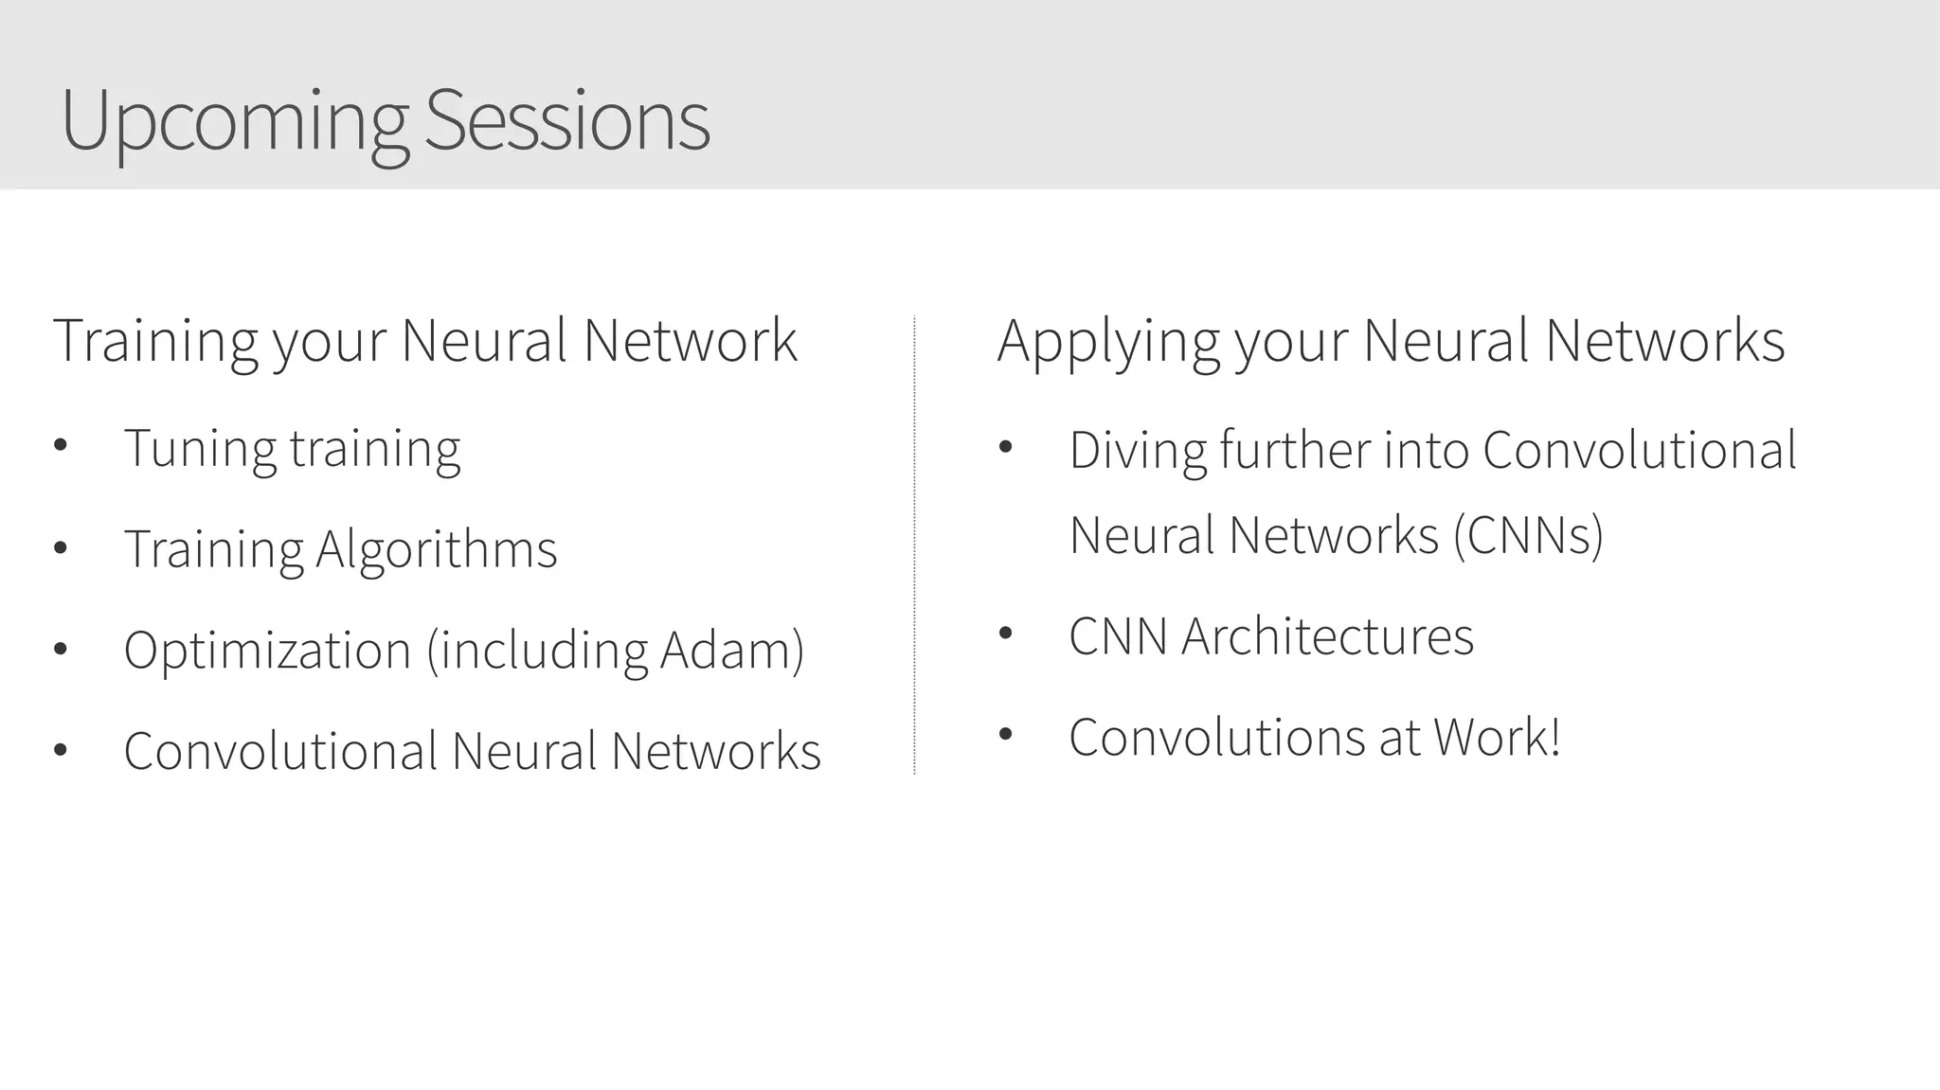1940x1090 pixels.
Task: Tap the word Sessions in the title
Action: (566, 121)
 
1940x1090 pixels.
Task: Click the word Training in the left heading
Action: (154, 341)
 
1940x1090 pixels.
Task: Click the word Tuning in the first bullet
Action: (199, 448)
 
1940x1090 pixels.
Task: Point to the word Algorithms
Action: (436, 549)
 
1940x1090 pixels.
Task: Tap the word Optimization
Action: (267, 651)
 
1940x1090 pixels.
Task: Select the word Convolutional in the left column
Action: (280, 751)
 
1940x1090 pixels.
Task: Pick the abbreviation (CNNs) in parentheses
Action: (1528, 535)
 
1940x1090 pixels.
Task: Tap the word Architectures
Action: (1327, 636)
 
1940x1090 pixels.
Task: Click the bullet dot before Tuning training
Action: (61, 445)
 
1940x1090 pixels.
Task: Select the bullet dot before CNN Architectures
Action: (1005, 633)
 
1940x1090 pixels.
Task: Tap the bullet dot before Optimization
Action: (61, 649)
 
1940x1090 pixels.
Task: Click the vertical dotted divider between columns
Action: (914, 545)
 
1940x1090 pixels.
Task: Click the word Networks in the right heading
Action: (1664, 341)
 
